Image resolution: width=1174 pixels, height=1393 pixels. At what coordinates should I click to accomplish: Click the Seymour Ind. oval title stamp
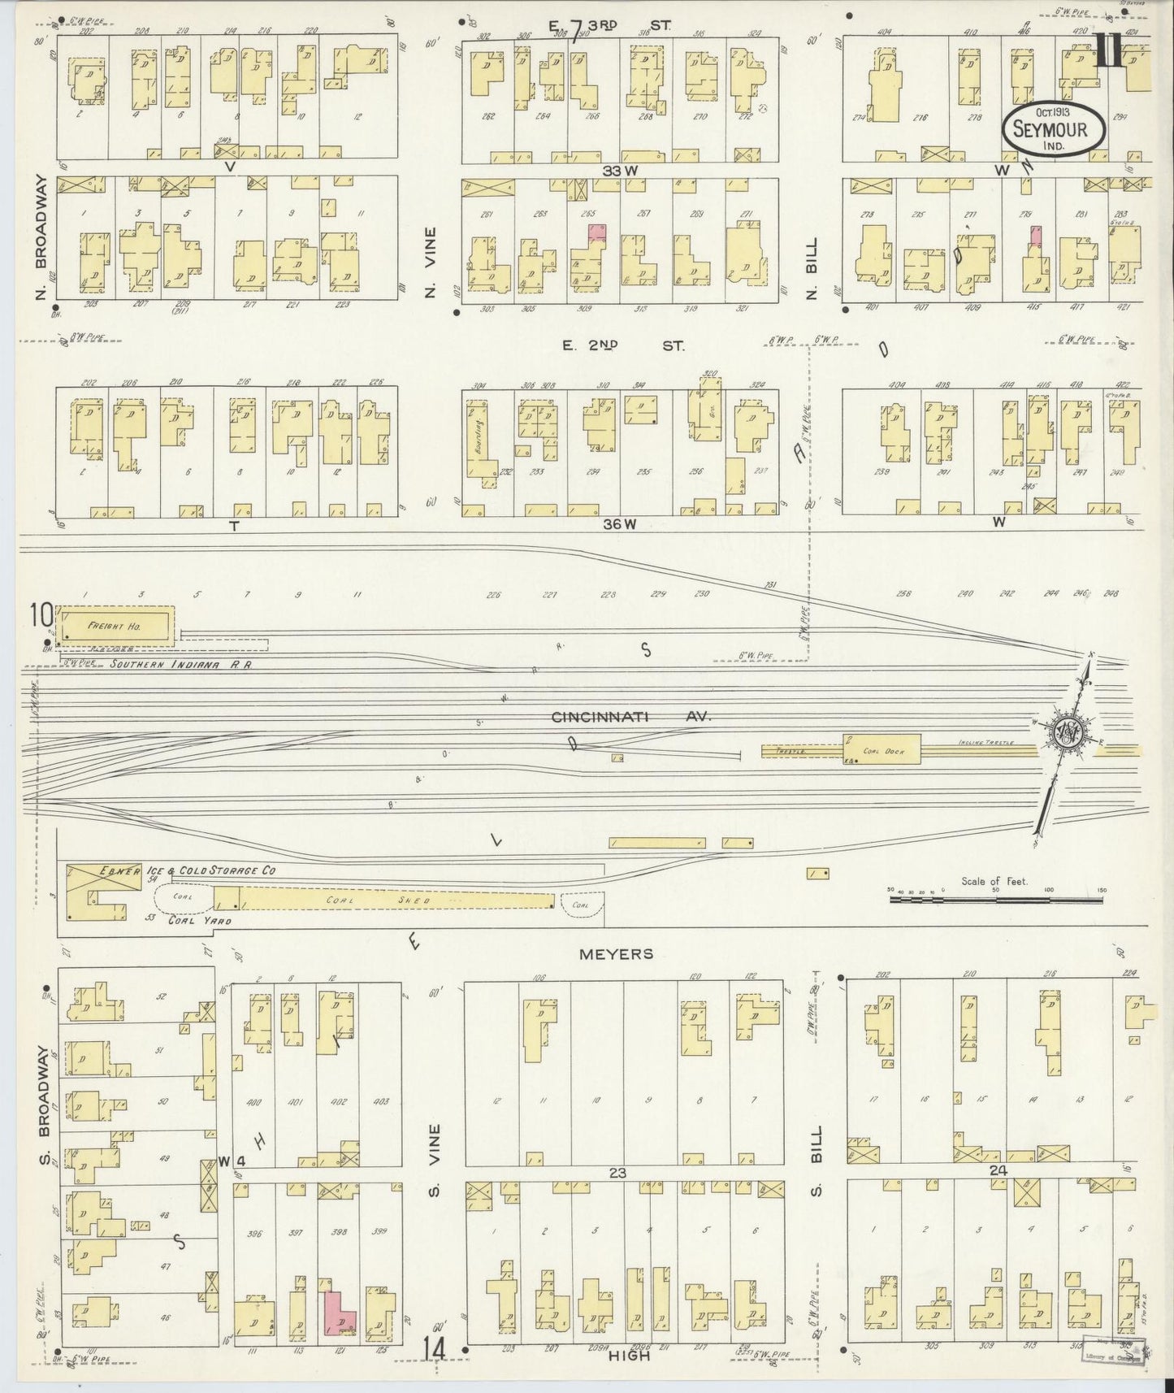coord(1055,129)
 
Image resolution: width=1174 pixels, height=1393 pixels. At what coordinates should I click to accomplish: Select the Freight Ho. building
coord(117,626)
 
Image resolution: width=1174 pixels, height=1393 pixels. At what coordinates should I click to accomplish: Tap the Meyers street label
coord(617,953)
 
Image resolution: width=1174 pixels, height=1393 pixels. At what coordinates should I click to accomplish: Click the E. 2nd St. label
coord(623,345)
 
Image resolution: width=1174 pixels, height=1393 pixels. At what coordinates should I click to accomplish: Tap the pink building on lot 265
coord(597,232)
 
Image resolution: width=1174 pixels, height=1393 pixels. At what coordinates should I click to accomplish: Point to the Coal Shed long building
coord(396,900)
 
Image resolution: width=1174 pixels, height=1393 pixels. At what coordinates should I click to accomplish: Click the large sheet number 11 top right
coord(1109,55)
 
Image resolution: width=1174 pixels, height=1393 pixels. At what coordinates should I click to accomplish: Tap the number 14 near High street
coord(433,1348)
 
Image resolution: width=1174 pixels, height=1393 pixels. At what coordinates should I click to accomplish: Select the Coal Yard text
coord(199,921)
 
